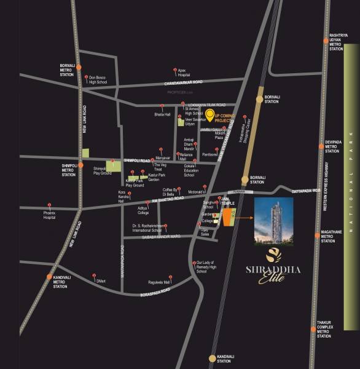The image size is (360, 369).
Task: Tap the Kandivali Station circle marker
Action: [213, 357]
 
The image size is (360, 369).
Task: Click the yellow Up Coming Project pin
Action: [209, 114]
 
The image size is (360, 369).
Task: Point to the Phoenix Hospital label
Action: [50, 215]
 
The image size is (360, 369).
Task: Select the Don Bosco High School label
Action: [98, 79]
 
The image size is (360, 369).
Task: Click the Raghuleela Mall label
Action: [158, 282]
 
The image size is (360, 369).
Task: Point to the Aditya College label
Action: [143, 210]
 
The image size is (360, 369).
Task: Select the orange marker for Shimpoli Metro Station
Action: [80, 165]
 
